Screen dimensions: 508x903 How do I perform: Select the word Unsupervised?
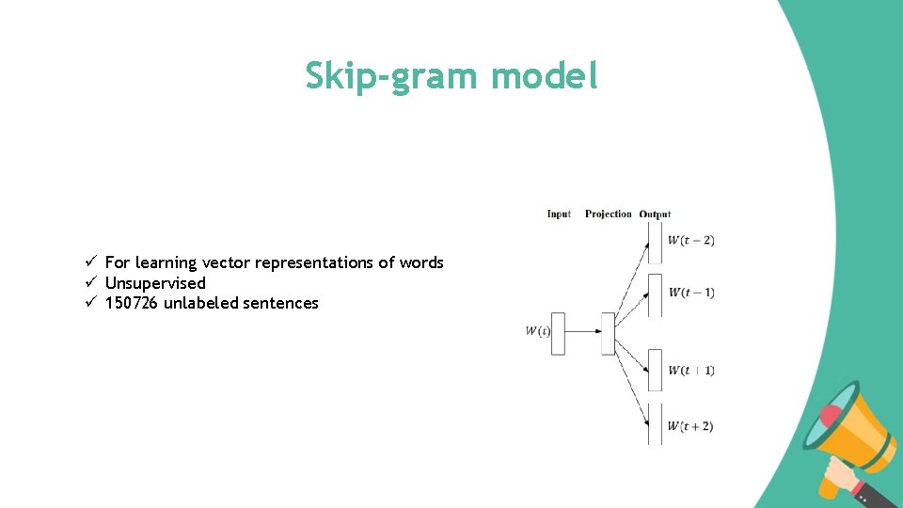[x=155, y=283]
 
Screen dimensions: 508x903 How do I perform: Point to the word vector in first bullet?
[x=226, y=262]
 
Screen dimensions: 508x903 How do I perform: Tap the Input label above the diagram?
[x=559, y=214]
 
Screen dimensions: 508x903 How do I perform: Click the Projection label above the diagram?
[x=608, y=214]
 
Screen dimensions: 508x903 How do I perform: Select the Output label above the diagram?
[x=655, y=214]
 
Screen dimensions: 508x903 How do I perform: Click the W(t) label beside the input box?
[x=537, y=331]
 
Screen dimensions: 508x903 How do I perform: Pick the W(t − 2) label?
[x=691, y=241]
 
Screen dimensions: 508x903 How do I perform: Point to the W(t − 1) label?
[x=691, y=293]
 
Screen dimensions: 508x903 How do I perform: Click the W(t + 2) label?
[x=690, y=426]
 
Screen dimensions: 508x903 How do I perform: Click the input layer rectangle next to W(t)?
[x=558, y=333]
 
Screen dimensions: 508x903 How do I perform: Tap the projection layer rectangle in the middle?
[x=608, y=333]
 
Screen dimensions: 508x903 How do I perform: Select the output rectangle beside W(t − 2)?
[x=655, y=242]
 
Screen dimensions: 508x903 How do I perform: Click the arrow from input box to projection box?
[x=582, y=332]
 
